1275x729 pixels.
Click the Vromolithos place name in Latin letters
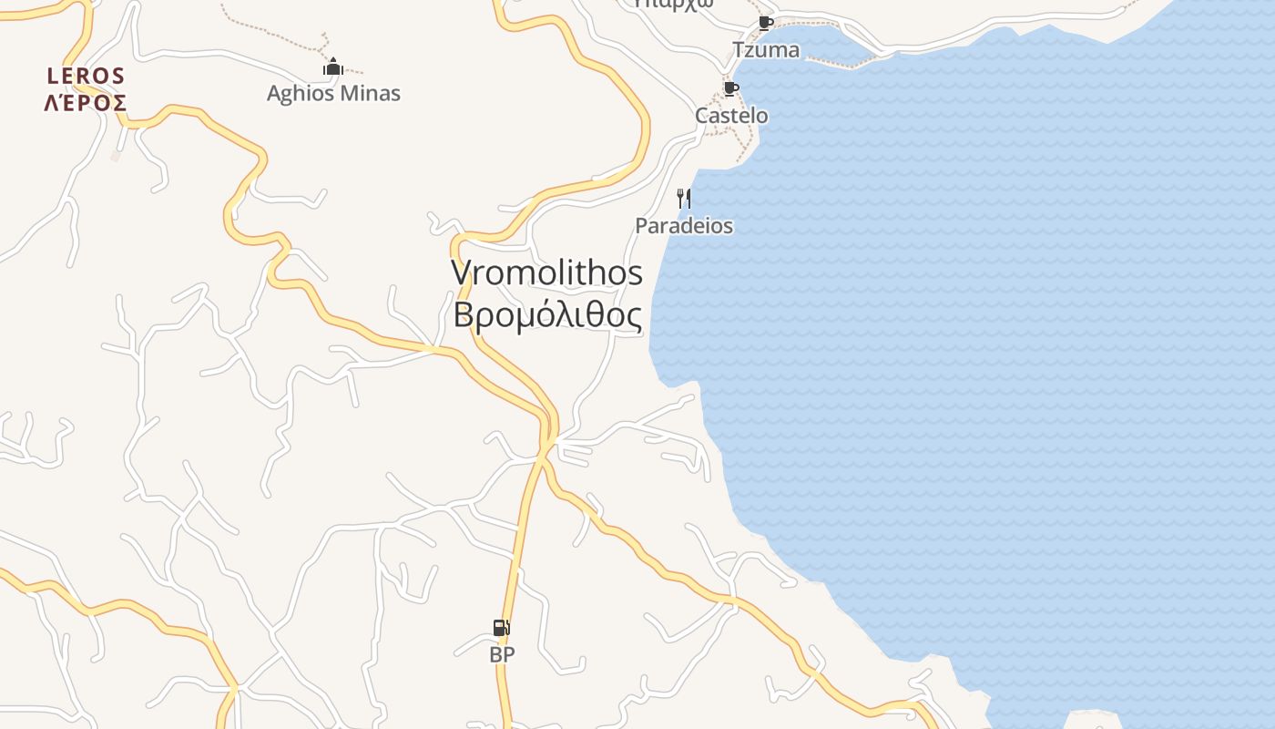tap(546, 272)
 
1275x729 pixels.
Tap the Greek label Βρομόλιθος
tap(547, 315)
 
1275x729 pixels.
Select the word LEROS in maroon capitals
tap(86, 76)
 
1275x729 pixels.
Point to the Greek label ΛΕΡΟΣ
tap(86, 102)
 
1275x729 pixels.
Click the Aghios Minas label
tap(333, 93)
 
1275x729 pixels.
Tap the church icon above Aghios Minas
tap(333, 67)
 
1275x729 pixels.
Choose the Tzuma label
tap(766, 50)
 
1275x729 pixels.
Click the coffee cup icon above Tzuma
tap(765, 23)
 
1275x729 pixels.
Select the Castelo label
tap(731, 116)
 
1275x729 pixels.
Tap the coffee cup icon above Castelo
tap(730, 88)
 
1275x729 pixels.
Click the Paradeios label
tap(684, 226)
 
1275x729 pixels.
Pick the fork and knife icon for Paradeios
tap(684, 198)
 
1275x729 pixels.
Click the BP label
tap(502, 654)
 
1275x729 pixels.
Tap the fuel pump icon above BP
tap(501, 628)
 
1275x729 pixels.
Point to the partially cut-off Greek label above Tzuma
tap(674, 4)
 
